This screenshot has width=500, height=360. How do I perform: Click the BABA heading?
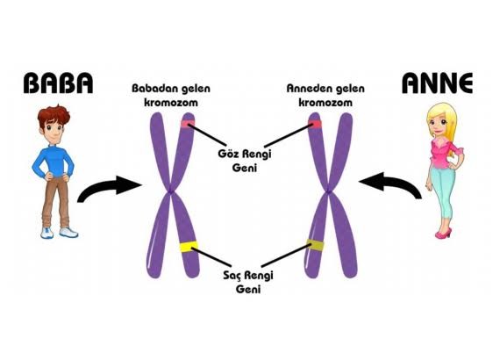tap(58, 83)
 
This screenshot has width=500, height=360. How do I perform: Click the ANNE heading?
tap(437, 83)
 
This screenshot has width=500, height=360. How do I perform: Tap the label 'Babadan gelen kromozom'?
tap(171, 95)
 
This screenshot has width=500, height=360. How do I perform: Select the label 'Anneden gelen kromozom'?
tap(325, 95)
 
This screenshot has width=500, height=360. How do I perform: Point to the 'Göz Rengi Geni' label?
tap(245, 161)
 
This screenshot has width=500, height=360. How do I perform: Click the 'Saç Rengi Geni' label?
tap(248, 282)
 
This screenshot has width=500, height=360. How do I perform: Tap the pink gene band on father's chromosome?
tap(188, 124)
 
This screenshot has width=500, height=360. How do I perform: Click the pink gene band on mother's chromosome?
tap(315, 124)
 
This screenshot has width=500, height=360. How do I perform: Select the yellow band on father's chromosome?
tap(189, 247)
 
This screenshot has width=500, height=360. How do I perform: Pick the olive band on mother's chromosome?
tap(315, 245)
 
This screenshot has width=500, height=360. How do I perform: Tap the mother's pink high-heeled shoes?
tap(444, 234)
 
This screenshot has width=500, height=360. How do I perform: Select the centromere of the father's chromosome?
tap(171, 191)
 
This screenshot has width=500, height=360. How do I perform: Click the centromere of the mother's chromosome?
tap(328, 191)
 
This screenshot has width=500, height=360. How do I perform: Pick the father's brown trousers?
tap(56, 202)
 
